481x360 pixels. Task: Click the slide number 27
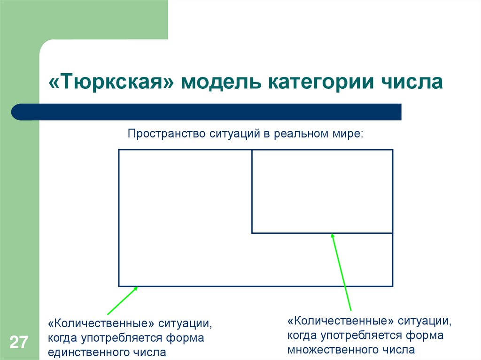click(19, 342)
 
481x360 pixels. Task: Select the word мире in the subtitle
click(348, 134)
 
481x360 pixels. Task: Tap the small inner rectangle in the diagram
click(322, 191)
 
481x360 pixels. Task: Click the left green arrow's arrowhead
click(135, 289)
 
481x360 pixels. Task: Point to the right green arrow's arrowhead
click(333, 236)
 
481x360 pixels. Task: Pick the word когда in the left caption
click(62, 338)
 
